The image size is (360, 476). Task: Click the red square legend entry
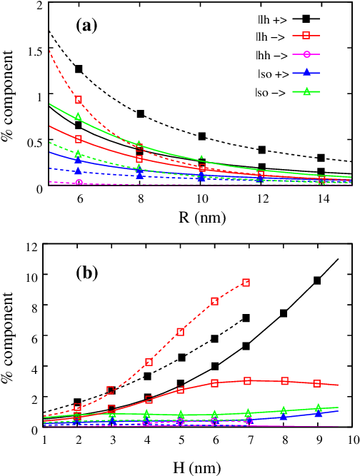pos(306,35)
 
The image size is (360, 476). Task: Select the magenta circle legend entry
pos(306,54)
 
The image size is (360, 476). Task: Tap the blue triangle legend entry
pos(306,72)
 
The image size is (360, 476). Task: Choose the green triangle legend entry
pos(306,91)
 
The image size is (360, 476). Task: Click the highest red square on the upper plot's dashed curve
pos(79,100)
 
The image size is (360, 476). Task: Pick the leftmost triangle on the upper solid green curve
pos(79,116)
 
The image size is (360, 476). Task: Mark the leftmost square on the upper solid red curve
pos(79,139)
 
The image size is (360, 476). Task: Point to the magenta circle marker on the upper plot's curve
pos(79,183)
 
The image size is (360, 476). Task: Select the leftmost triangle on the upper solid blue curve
pos(78,159)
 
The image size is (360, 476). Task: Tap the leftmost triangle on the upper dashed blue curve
pos(78,171)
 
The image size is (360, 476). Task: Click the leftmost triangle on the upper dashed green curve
pos(78,153)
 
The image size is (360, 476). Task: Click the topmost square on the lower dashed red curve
pos(246,283)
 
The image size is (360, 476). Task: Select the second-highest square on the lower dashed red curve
pos(214,301)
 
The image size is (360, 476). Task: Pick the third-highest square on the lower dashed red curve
pos(180,332)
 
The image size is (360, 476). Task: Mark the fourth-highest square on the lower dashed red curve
pos(149,362)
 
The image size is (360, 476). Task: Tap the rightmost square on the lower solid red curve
pos(316,383)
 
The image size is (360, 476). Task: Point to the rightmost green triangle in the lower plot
pos(319,408)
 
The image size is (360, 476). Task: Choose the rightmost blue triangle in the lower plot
pos(319,413)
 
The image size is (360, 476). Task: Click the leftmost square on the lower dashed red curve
pos(78,407)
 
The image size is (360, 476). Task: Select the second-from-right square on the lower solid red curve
pos(284,381)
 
